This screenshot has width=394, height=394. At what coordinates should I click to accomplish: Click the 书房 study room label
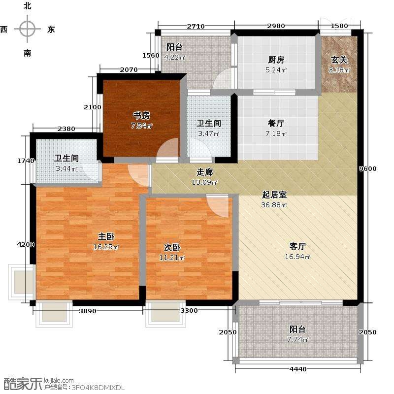pyautogui.click(x=141, y=115)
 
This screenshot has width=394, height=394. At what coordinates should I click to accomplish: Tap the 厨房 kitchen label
pyautogui.click(x=276, y=60)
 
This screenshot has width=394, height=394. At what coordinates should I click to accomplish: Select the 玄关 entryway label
pyautogui.click(x=339, y=60)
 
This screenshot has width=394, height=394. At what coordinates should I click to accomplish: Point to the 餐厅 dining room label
pyautogui.click(x=276, y=123)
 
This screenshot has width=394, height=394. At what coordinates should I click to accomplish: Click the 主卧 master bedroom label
pyautogui.click(x=106, y=236)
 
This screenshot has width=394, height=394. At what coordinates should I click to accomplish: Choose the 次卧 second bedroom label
pyautogui.click(x=172, y=247)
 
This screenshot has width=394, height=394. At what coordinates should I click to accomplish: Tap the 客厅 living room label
pyautogui.click(x=297, y=246)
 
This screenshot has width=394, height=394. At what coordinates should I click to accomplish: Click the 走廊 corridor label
pyautogui.click(x=204, y=172)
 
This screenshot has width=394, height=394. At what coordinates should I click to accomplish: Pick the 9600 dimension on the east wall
pyautogui.click(x=367, y=168)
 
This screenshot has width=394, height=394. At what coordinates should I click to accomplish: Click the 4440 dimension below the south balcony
pyautogui.click(x=298, y=369)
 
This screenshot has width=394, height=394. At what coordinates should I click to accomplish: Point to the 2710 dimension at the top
pyautogui.click(x=196, y=26)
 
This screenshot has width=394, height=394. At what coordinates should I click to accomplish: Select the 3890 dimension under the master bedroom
pyautogui.click(x=88, y=311)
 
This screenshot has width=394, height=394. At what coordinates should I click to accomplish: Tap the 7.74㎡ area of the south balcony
pyautogui.click(x=297, y=339)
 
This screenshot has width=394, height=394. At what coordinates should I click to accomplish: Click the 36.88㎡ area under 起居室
pyautogui.click(x=274, y=205)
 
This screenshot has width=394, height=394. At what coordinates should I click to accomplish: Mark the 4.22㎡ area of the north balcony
pyautogui.click(x=175, y=57)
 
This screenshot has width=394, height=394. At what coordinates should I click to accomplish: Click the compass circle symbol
pyautogui.click(x=27, y=29)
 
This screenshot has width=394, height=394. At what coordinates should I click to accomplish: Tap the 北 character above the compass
pyautogui.click(x=28, y=5)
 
